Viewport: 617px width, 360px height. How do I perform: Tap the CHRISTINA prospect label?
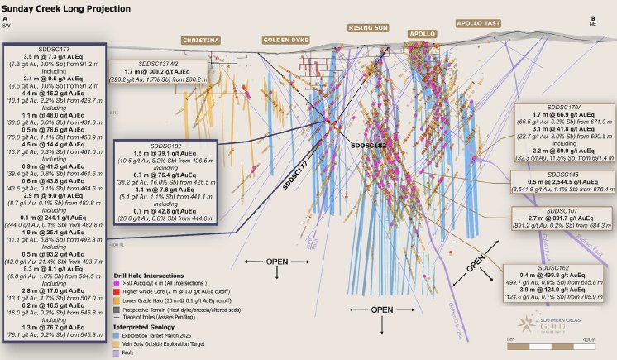[x=201, y=40]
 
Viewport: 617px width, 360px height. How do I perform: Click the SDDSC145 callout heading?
[x=565, y=175]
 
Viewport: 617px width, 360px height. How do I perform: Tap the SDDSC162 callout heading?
[x=552, y=268]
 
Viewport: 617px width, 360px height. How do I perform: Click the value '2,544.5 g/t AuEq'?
[x=576, y=182]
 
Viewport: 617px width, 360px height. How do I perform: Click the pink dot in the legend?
[x=117, y=282]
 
